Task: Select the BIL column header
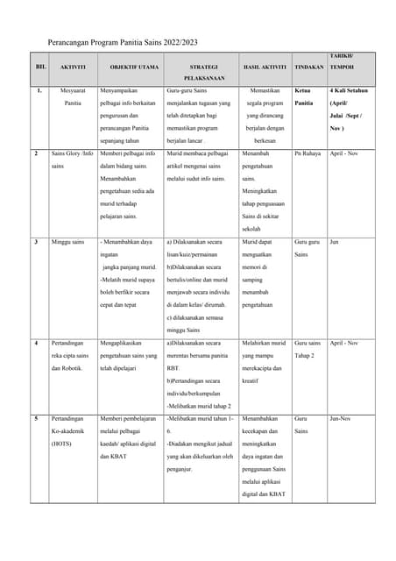[x=40, y=67]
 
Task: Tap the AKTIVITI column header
[x=72, y=67]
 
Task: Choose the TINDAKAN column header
[x=309, y=67]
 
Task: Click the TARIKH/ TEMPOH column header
[x=343, y=61]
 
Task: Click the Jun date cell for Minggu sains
[x=334, y=241]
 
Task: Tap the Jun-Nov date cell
[x=341, y=419]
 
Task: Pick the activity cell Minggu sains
[x=67, y=241]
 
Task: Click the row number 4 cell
[x=36, y=343]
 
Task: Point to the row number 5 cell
[x=36, y=419]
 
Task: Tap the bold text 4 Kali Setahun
[x=349, y=90]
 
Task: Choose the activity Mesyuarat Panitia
[x=73, y=96]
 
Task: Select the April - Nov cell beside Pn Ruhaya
[x=345, y=153]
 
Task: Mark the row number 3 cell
[x=36, y=241]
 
